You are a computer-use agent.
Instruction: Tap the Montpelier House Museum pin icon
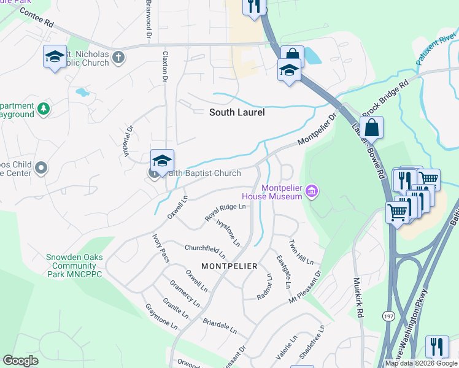pyautogui.click(x=311, y=192)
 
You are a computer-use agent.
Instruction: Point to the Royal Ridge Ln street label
pyautogui.click(x=225, y=212)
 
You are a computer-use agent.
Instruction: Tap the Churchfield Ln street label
pyautogui.click(x=205, y=250)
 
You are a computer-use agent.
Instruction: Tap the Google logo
pyautogui.click(x=21, y=361)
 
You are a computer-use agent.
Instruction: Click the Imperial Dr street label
pyautogui.click(x=130, y=141)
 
